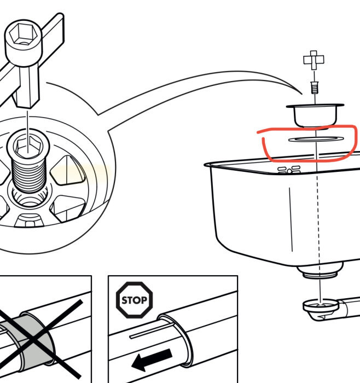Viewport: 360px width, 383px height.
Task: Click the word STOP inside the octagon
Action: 135,300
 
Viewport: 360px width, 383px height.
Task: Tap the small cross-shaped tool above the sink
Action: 313,61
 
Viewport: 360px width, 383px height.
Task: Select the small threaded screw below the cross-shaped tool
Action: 314,86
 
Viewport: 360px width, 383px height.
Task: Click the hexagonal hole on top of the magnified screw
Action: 26,146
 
